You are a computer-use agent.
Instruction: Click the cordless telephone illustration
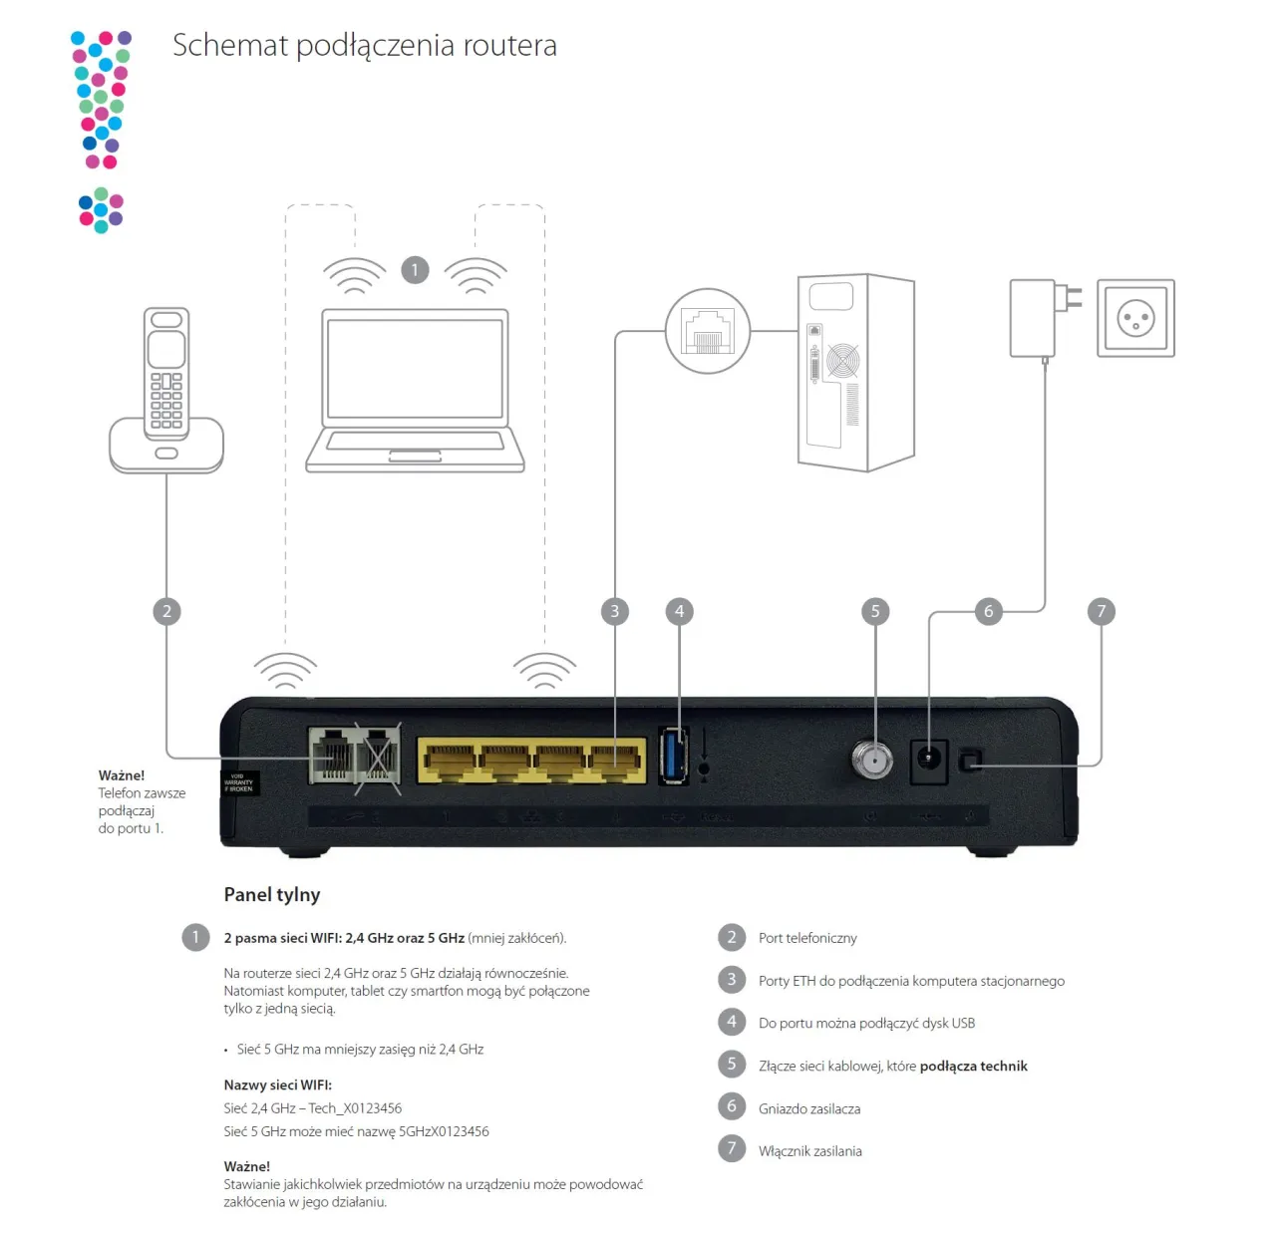click(166, 389)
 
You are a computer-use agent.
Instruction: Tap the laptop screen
click(415, 368)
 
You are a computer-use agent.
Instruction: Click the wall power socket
click(1135, 318)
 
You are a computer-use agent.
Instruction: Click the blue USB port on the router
click(674, 756)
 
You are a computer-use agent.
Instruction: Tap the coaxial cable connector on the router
click(872, 760)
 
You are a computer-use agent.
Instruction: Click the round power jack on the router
click(929, 760)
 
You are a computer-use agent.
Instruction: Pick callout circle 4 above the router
click(679, 611)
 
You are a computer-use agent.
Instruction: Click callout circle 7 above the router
click(1101, 611)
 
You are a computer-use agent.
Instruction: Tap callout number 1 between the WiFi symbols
click(415, 269)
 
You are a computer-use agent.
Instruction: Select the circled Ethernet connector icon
click(707, 331)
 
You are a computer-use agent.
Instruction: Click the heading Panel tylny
click(271, 894)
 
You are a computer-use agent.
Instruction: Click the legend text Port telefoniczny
click(807, 938)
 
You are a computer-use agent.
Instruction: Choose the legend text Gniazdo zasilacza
click(809, 1108)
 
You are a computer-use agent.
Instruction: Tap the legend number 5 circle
click(732, 1065)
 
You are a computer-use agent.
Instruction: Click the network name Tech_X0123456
click(355, 1108)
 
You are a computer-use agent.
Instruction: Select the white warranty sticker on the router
click(239, 782)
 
